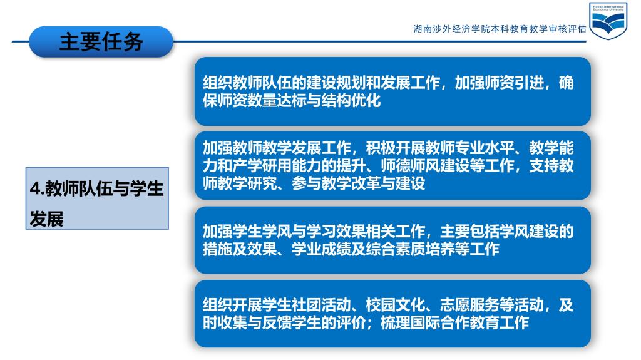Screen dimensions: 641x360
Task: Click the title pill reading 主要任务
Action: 101,42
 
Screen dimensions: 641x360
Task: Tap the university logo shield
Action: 608,21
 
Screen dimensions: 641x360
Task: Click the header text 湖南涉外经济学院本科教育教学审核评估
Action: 500,29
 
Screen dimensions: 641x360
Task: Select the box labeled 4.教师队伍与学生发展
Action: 97,198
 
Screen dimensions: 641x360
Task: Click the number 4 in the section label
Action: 35,188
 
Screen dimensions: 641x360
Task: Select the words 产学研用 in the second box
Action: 262,166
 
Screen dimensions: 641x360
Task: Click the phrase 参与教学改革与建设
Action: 359,183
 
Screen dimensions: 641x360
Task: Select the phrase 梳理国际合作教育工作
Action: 455,323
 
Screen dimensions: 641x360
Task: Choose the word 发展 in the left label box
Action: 46,220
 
